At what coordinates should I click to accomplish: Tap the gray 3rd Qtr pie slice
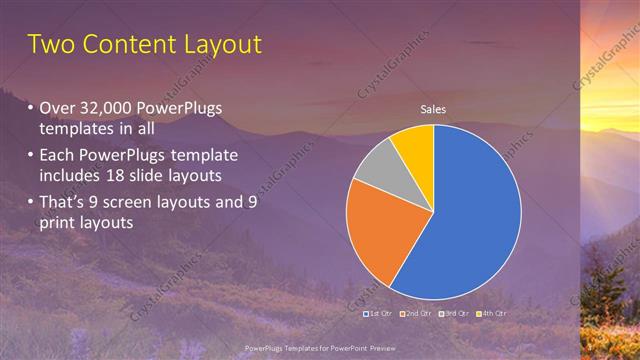tap(380, 170)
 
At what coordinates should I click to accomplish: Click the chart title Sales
tap(432, 109)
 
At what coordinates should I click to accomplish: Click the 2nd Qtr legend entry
tap(415, 313)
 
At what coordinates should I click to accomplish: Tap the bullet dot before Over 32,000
tap(30, 108)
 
